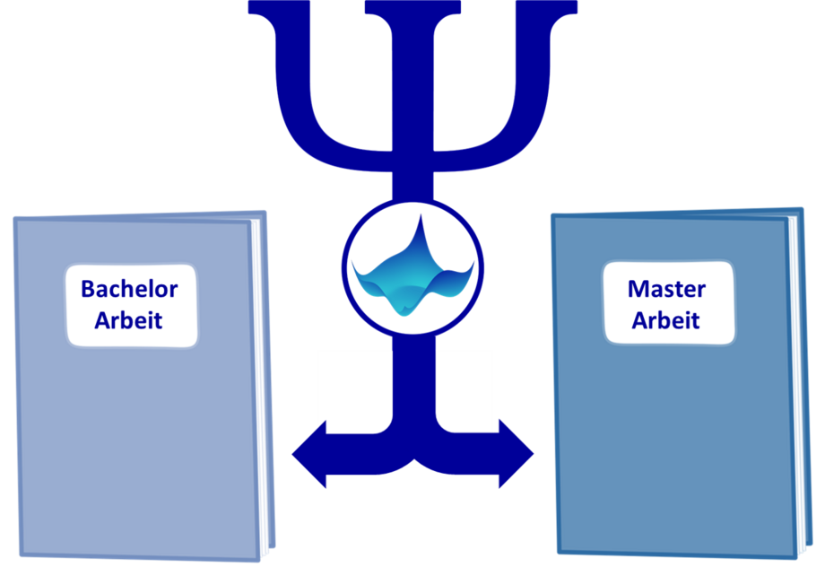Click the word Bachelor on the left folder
click(129, 289)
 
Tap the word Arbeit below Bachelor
click(128, 320)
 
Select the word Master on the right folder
click(666, 289)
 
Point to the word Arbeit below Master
click(665, 320)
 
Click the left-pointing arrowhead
click(310, 454)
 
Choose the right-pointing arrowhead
click(516, 454)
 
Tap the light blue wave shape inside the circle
click(413, 274)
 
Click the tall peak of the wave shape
click(421, 217)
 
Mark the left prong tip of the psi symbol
click(262, 7)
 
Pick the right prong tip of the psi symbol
click(564, 7)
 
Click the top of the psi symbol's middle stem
click(413, 7)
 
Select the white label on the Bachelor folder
click(131, 305)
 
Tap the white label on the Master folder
click(669, 302)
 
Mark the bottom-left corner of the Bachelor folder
click(21, 555)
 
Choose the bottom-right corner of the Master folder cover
click(795, 557)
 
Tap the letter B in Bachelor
click(88, 289)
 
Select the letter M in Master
click(638, 289)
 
